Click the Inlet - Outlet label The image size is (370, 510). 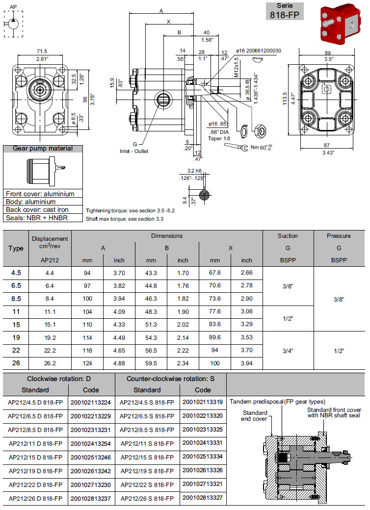[x=134, y=151]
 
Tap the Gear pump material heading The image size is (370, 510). [x=42, y=149]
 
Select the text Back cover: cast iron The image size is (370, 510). [x=37, y=209]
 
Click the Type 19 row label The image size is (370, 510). [x=16, y=337]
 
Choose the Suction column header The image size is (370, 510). [x=288, y=236]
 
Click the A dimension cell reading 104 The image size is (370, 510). [x=88, y=311]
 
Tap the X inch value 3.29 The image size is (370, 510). [x=247, y=324]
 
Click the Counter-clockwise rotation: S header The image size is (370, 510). [x=170, y=379]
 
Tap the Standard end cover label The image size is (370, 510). [x=255, y=415]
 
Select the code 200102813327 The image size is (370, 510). [x=202, y=498]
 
